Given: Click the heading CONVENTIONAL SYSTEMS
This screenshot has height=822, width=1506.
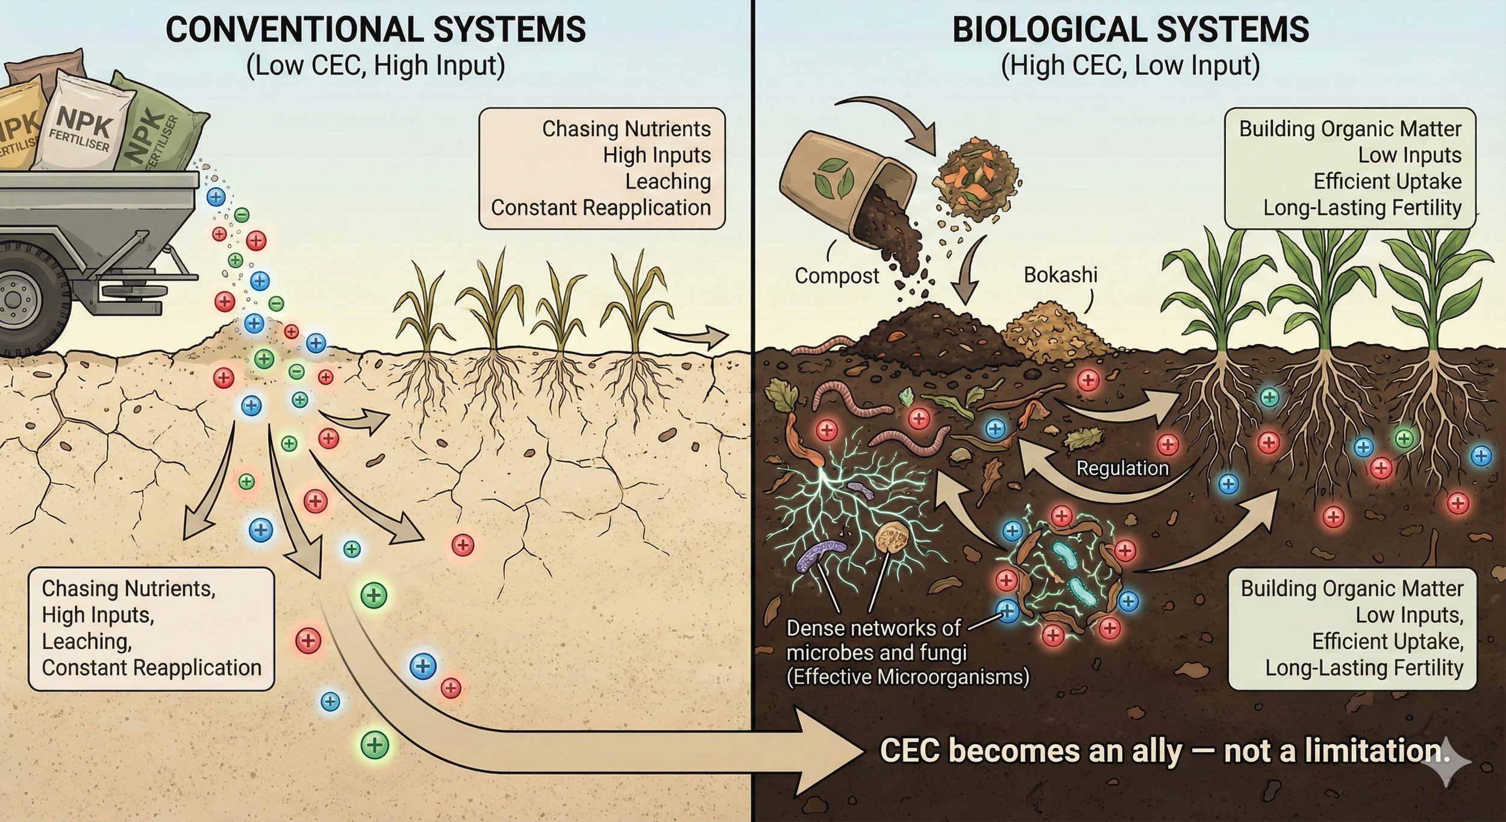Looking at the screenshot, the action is (x=375, y=30).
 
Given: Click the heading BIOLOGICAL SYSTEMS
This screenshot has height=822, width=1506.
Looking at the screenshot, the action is (x=1130, y=30).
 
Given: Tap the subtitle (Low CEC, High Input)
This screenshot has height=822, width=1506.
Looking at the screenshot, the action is (x=375, y=66).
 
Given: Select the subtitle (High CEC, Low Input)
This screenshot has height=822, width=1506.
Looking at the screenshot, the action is (x=1130, y=66).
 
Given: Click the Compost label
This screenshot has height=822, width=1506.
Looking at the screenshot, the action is (x=837, y=276).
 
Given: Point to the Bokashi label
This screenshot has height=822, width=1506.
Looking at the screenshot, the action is (x=1060, y=275).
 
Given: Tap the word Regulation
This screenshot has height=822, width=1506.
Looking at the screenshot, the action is (x=1122, y=468).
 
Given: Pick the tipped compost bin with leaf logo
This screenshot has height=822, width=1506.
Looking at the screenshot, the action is (x=843, y=175).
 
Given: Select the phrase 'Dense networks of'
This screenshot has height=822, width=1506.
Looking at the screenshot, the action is (x=873, y=629).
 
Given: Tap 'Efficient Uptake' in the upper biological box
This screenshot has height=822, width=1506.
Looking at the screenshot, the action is (x=1387, y=181).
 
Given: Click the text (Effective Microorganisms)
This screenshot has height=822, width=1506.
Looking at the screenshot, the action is (x=907, y=677).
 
